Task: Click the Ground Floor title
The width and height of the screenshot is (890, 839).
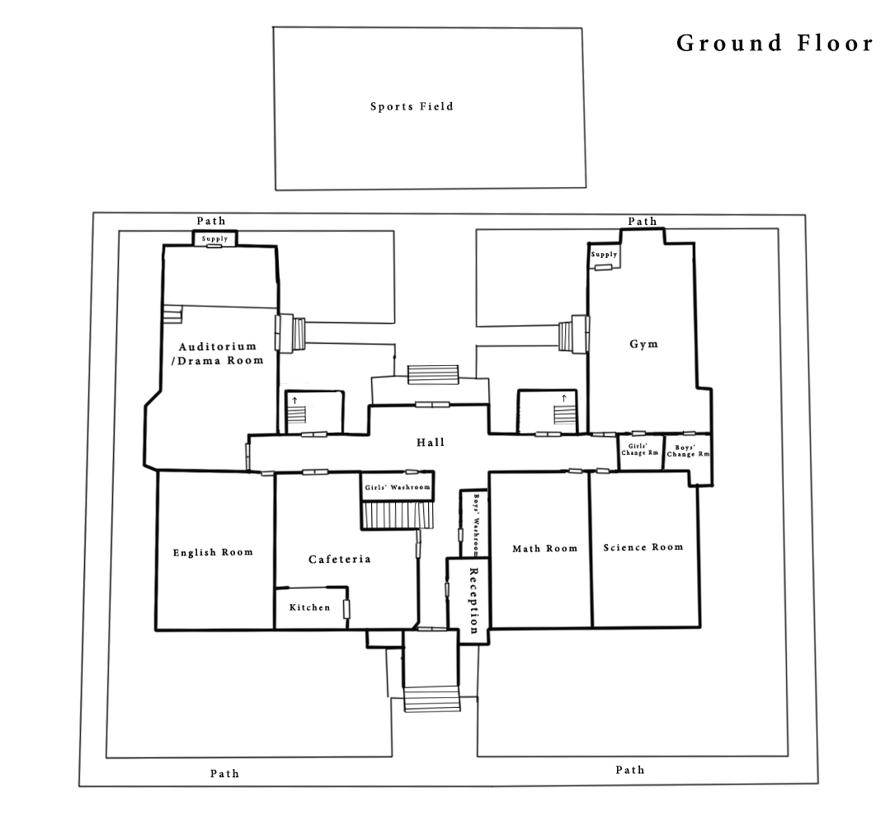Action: (x=775, y=43)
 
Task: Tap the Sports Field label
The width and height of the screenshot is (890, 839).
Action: (x=412, y=106)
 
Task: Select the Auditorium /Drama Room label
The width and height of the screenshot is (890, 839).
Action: (x=220, y=354)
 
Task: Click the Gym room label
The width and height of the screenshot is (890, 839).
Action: (x=643, y=344)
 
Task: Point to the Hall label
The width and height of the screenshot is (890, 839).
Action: (x=431, y=442)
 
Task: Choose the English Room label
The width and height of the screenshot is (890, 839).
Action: (x=213, y=552)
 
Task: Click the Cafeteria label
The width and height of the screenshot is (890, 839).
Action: (x=340, y=560)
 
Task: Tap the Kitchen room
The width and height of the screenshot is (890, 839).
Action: (x=310, y=607)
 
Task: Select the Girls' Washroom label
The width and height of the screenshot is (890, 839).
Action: (x=398, y=487)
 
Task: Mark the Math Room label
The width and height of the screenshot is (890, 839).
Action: (x=545, y=549)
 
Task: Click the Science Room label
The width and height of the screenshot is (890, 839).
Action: (x=643, y=547)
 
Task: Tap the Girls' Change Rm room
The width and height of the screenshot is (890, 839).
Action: (x=640, y=452)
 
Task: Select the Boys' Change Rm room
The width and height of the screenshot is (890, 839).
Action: (x=687, y=452)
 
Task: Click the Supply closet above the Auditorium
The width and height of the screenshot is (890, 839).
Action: (x=215, y=239)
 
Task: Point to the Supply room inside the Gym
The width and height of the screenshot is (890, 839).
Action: (x=604, y=255)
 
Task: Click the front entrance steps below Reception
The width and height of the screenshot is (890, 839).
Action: (x=432, y=699)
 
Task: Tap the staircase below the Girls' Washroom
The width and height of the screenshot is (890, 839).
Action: (x=398, y=516)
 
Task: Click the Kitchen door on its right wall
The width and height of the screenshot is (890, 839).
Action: (x=346, y=609)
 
